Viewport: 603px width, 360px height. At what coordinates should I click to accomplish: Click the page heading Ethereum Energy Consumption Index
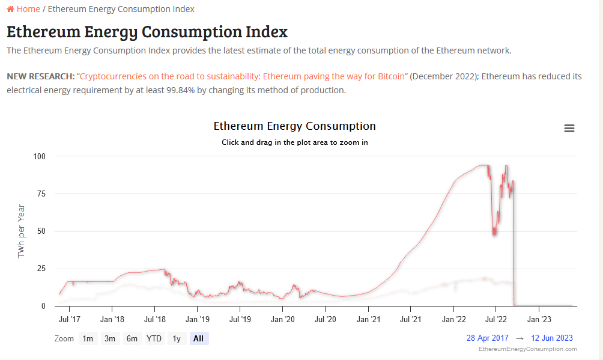pyautogui.click(x=147, y=31)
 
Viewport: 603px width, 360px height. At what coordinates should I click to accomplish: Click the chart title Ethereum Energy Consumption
pyautogui.click(x=294, y=126)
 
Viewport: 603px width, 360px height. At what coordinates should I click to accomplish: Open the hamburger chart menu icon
pyautogui.click(x=569, y=128)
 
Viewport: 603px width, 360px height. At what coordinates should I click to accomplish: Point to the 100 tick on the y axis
pyautogui.click(x=40, y=156)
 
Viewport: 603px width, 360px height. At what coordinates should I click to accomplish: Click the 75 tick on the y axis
pyautogui.click(x=41, y=194)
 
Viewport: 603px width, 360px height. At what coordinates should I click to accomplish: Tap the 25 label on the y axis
pyautogui.click(x=41, y=269)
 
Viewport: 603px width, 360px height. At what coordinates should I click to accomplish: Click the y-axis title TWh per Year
pyautogui.click(x=21, y=231)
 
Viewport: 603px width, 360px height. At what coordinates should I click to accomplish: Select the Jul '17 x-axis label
pyautogui.click(x=70, y=319)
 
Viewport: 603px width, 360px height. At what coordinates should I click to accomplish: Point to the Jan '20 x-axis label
pyautogui.click(x=282, y=319)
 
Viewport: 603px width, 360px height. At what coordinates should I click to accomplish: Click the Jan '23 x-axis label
pyautogui.click(x=539, y=319)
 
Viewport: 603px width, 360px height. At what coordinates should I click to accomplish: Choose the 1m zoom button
pyautogui.click(x=88, y=338)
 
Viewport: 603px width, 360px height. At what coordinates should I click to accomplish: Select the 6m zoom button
pyautogui.click(x=132, y=338)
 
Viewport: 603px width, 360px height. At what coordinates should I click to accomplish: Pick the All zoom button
pyautogui.click(x=198, y=338)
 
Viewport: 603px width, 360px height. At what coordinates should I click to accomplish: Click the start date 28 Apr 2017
pyautogui.click(x=487, y=338)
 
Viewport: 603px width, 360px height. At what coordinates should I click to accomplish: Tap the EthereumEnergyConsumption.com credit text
pyautogui.click(x=527, y=349)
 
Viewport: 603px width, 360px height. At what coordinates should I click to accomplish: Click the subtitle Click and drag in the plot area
pyautogui.click(x=294, y=142)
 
